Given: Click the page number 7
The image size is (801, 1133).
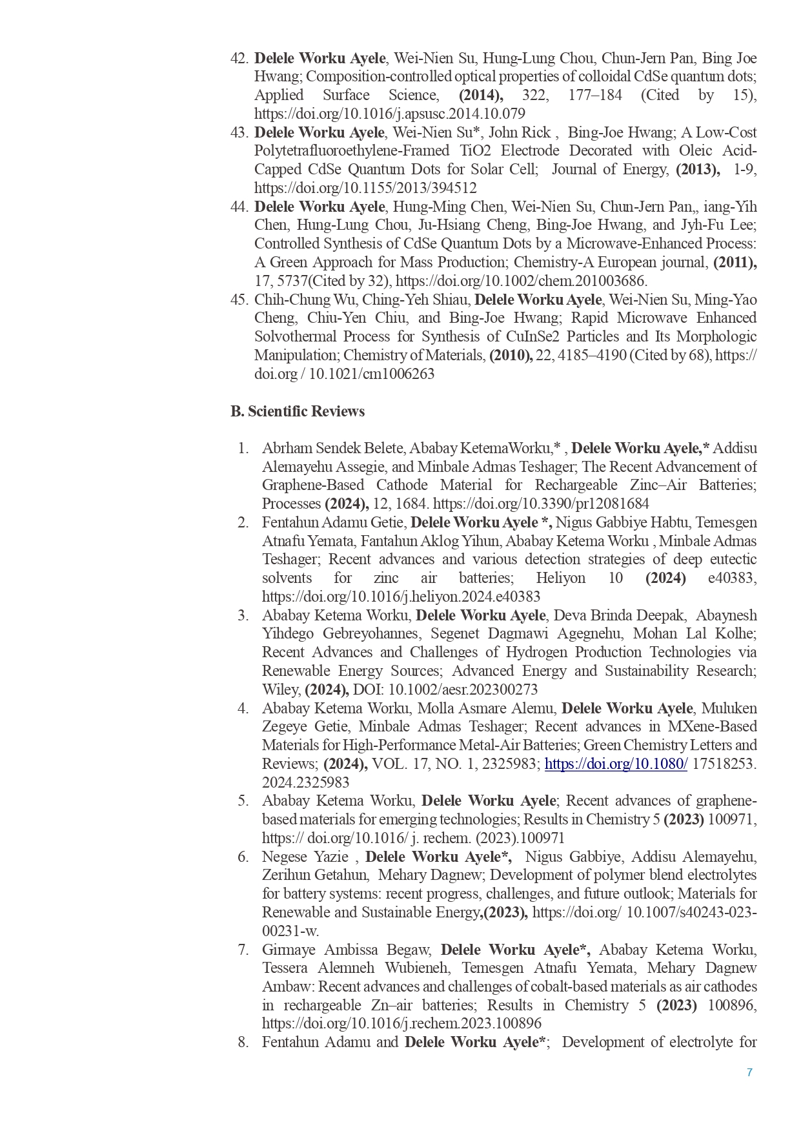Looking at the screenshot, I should pyautogui.click(x=749, y=1072).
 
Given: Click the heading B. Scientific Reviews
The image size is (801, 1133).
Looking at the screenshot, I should pyautogui.click(x=298, y=411).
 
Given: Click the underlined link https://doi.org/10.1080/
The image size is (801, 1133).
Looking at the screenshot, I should pyautogui.click(x=616, y=764).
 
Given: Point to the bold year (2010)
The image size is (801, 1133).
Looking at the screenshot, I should pyautogui.click(x=511, y=355).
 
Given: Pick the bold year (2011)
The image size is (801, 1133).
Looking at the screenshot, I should pyautogui.click(x=735, y=262).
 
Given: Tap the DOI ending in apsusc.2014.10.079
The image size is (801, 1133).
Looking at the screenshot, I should pyautogui.click(x=389, y=114).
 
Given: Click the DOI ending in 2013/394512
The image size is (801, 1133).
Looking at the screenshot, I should pyautogui.click(x=365, y=188).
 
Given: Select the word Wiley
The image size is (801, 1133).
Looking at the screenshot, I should pyautogui.click(x=280, y=689).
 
